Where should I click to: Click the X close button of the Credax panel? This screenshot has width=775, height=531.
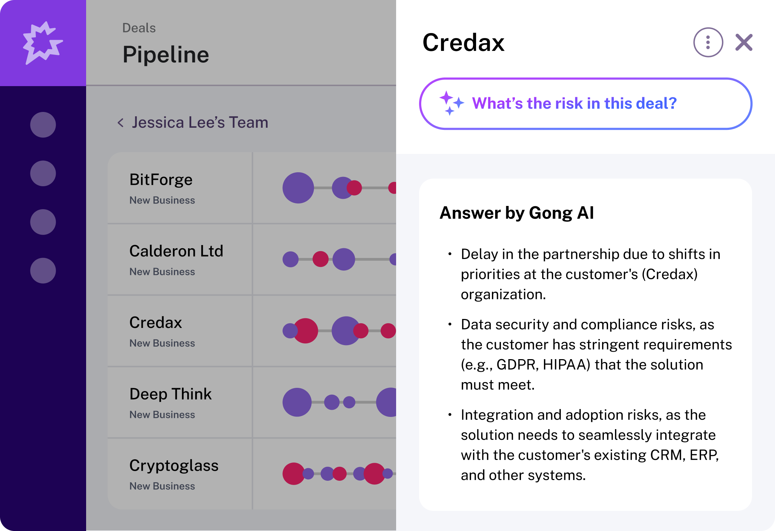pyautogui.click(x=744, y=43)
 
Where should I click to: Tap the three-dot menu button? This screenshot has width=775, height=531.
pyautogui.click(x=708, y=42)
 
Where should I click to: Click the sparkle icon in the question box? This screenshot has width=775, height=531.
pyautogui.click(x=451, y=103)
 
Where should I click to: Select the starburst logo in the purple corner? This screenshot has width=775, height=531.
pyautogui.click(x=42, y=43)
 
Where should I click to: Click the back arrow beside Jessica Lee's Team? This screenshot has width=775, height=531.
pyautogui.click(x=121, y=123)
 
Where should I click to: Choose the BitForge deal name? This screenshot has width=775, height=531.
pyautogui.click(x=161, y=179)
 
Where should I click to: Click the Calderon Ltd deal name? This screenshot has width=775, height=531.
pyautogui.click(x=176, y=251)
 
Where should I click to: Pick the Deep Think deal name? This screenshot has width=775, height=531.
pyautogui.click(x=170, y=394)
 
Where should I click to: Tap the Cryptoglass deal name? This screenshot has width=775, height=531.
pyautogui.click(x=174, y=465)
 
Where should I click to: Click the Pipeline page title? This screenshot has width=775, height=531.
pyautogui.click(x=166, y=55)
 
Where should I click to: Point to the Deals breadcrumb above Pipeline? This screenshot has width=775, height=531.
pyautogui.click(x=139, y=28)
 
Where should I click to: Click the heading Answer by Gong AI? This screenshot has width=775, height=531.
pyautogui.click(x=517, y=213)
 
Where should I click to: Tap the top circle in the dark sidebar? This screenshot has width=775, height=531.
pyautogui.click(x=43, y=125)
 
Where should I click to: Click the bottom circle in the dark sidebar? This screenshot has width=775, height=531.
pyautogui.click(x=43, y=271)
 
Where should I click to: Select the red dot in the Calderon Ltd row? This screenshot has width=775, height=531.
pyautogui.click(x=320, y=259)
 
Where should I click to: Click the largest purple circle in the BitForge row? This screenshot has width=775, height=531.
pyautogui.click(x=298, y=188)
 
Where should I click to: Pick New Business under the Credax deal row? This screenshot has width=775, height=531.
pyautogui.click(x=162, y=343)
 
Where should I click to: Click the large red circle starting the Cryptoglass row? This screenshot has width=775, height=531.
pyautogui.click(x=293, y=474)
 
